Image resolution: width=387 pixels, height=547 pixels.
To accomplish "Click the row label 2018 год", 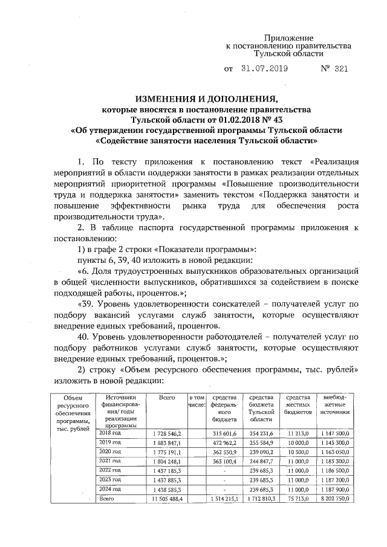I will click(x=110, y=433).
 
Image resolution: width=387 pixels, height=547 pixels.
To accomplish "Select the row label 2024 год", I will click(x=110, y=488).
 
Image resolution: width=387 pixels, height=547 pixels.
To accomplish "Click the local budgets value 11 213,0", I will click(x=299, y=434).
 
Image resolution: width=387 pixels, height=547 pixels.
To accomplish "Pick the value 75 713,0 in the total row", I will click(x=299, y=498).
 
